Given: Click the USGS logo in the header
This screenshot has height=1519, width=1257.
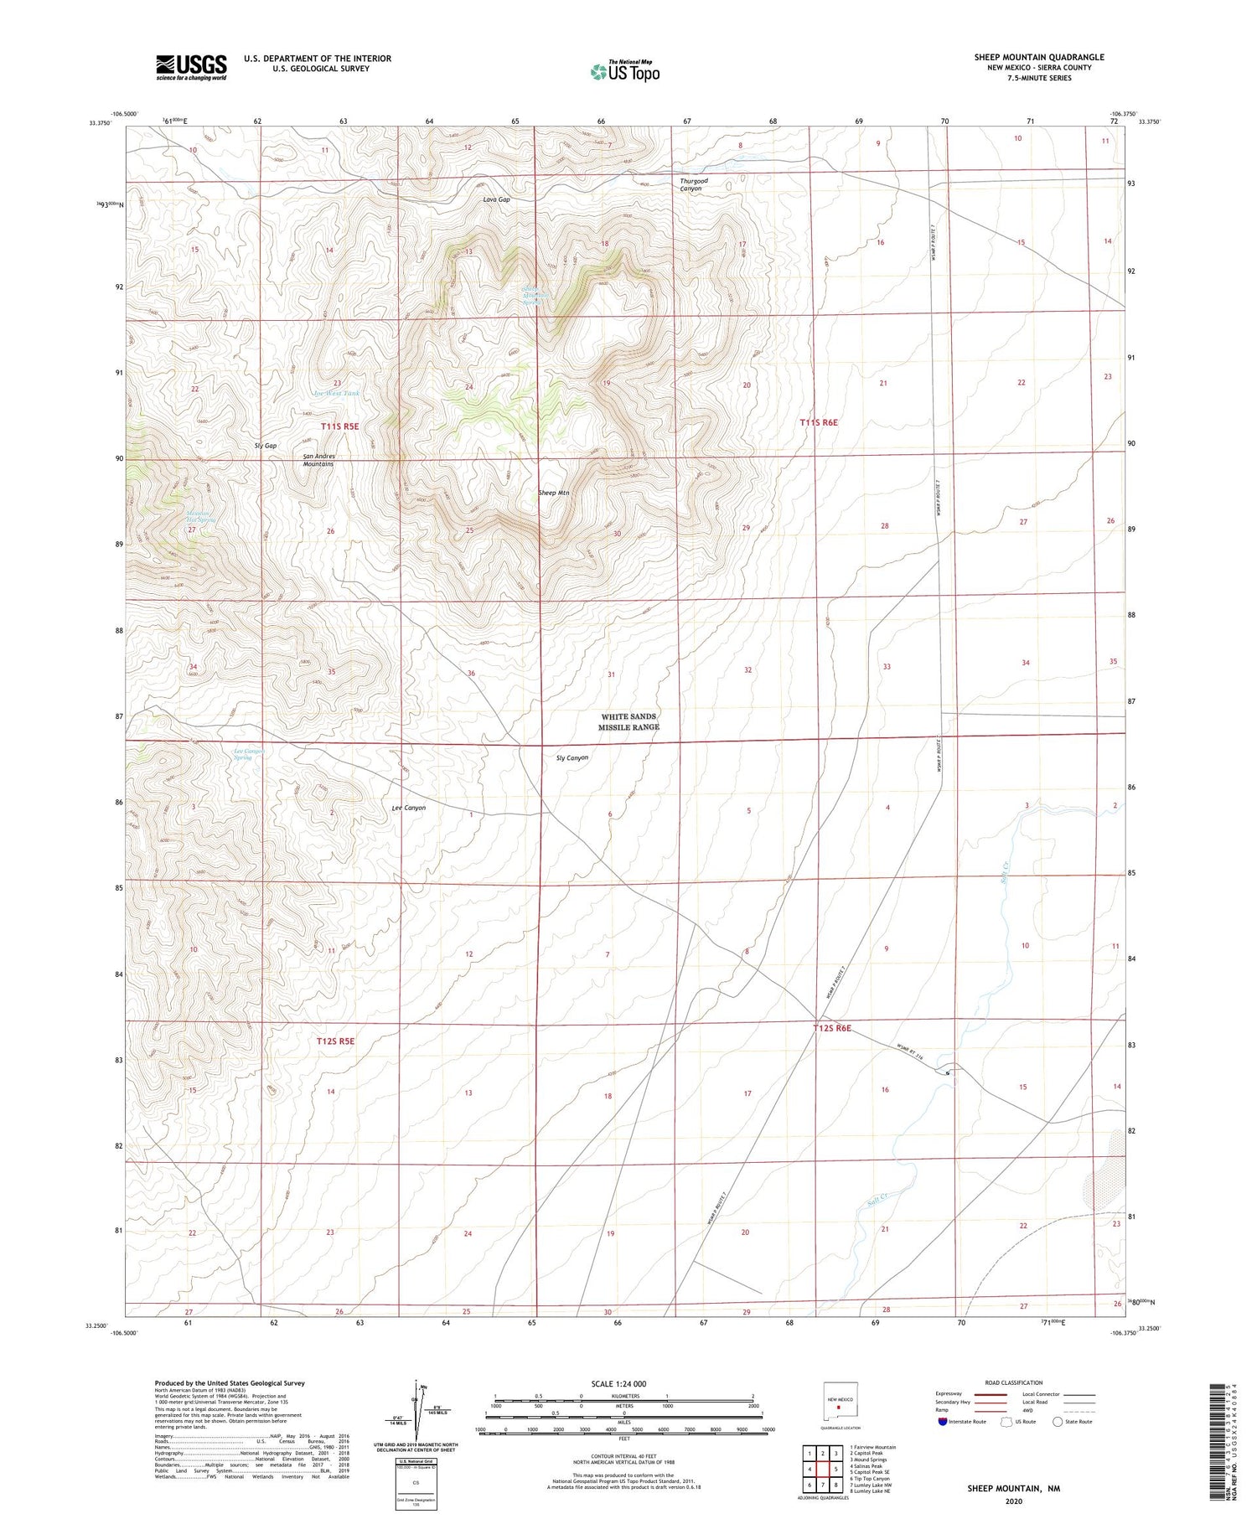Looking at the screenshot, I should pos(191,67).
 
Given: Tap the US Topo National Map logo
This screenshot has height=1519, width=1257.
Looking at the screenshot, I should pos(625,71).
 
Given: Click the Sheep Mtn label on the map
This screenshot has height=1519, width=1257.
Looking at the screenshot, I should pos(553,493).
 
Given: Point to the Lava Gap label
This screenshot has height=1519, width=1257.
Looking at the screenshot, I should pos(496,199).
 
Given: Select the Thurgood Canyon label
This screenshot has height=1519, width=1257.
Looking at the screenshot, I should pos(693,184).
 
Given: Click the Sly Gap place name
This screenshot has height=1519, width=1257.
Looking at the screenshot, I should pos(266,446).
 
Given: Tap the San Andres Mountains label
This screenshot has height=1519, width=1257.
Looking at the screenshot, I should pos(318,460).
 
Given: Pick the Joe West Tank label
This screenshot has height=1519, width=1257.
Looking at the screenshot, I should pos(335,393).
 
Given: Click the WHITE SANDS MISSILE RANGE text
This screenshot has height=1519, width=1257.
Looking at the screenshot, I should pos(628,722).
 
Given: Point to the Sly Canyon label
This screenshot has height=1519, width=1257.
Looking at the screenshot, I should pos(572,757).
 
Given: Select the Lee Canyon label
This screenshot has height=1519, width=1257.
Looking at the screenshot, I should pos(409,808).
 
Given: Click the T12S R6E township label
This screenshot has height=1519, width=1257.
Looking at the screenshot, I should pos(832,1028).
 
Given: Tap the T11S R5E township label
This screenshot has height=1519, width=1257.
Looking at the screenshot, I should pos(339,426).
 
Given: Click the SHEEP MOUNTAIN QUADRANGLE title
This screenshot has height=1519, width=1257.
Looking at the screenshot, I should pos(1038,57).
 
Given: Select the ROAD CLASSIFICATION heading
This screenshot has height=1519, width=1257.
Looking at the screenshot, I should pos(1013,1382).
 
